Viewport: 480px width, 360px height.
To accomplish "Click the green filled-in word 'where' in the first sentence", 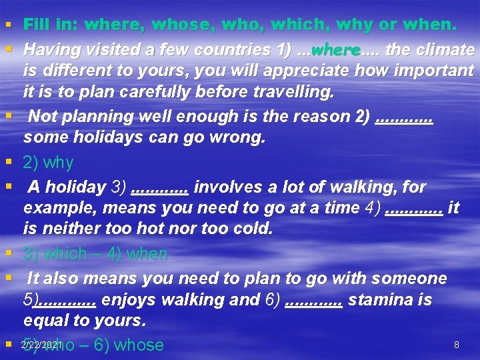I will click(335, 50).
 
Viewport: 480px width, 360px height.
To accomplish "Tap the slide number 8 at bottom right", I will click(456, 345).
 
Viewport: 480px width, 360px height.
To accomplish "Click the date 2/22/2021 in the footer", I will click(41, 344).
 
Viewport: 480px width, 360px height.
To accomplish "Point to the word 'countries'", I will click(223, 50).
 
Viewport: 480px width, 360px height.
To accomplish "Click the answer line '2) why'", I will click(49, 163).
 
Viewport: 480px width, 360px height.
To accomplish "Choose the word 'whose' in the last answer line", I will click(139, 345).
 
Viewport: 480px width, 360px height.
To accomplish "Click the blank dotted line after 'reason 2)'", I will click(405, 117).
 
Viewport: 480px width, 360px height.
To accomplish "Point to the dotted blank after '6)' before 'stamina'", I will click(313, 301).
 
